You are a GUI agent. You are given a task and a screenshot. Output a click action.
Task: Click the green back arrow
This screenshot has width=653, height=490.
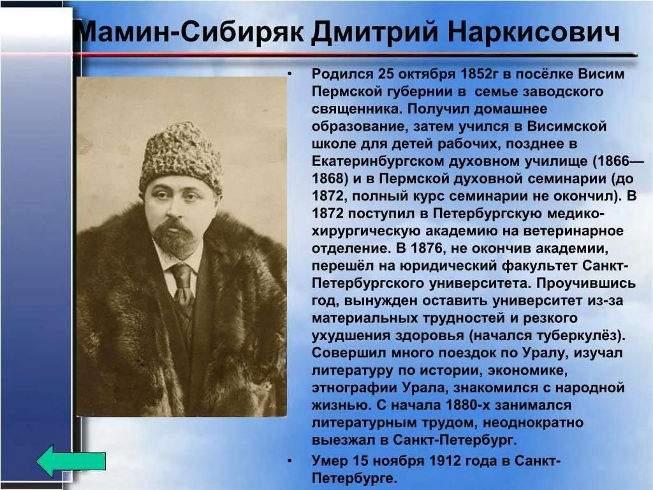coord(70,461)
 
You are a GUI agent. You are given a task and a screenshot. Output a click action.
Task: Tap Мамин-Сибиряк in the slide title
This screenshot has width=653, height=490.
coord(190,32)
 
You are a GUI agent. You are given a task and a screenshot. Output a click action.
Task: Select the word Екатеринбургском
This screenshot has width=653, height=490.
coord(378,161)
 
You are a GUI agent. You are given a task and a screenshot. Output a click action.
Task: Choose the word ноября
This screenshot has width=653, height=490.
coord(406,461)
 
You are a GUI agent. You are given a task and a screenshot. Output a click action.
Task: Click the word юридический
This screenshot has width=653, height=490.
coord(448,266)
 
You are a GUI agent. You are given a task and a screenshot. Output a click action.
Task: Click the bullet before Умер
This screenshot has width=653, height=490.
coord(290,461)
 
